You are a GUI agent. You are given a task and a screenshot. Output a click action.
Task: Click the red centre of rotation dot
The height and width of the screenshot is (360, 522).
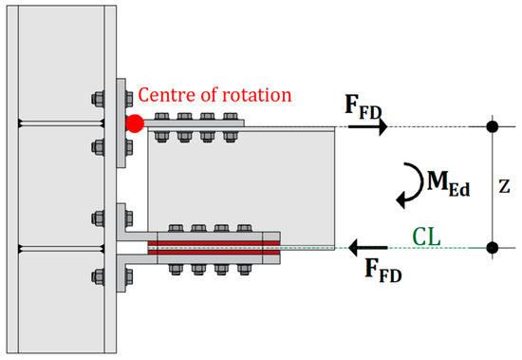click(136, 123)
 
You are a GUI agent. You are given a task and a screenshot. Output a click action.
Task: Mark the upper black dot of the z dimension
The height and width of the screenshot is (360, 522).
click(491, 126)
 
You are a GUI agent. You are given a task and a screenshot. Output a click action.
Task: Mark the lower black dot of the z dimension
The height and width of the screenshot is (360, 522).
click(491, 248)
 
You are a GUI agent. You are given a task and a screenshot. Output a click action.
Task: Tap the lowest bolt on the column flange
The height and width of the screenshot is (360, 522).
click(99, 277)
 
